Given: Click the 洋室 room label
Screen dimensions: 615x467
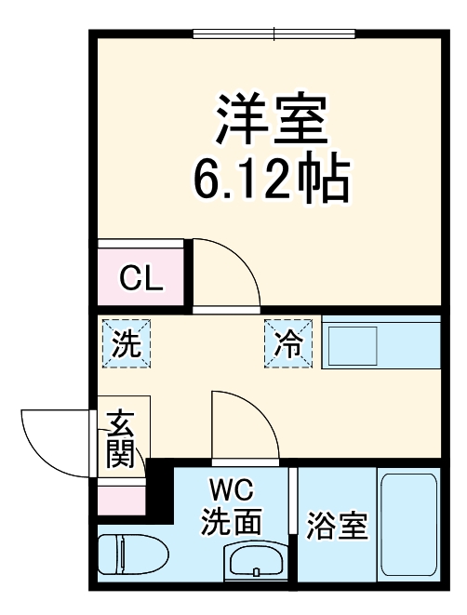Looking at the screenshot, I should point(272,118).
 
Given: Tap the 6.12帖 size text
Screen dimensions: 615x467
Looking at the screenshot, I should point(272,180).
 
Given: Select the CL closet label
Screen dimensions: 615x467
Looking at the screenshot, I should point(141,277).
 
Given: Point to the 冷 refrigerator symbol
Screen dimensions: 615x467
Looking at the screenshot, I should point(287,344).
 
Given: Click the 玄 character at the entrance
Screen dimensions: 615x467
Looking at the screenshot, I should point(122,424).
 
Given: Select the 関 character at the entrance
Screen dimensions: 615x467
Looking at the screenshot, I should point(122,454).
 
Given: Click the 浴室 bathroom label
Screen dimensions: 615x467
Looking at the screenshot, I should point(337,528).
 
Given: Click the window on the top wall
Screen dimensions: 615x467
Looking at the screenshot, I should point(274,35).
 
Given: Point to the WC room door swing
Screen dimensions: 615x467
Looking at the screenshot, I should point(243,423).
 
